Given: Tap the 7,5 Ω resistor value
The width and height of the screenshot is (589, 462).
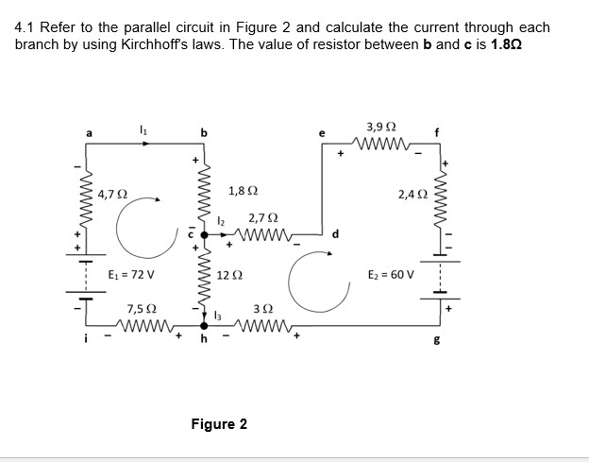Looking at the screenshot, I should point(142,309).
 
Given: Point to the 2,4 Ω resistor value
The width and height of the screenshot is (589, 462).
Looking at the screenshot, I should point(415,196).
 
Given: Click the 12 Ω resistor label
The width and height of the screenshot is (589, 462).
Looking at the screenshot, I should point(227,275).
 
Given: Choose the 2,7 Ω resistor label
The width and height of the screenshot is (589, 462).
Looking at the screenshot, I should point(262,217).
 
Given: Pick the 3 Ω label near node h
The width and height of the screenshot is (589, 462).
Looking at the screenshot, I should point(264,311).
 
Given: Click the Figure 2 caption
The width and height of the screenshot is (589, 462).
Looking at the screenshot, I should point(219,423).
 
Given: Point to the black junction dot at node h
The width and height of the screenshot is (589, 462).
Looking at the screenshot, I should point(204,326).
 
